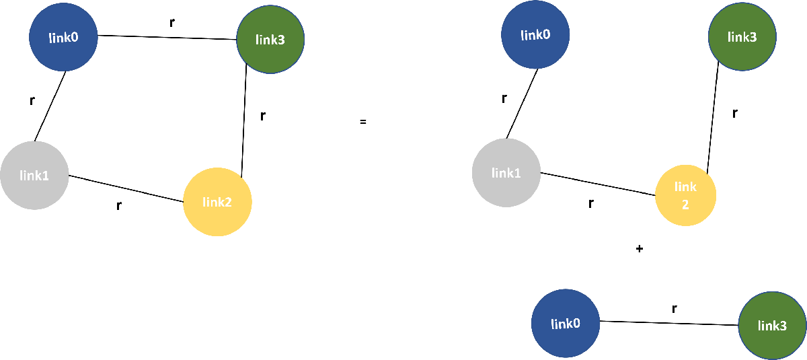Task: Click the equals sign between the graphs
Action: pos(362,122)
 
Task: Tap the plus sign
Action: pos(639,249)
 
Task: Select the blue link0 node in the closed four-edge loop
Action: pos(64,37)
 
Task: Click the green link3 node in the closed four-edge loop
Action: pos(270,40)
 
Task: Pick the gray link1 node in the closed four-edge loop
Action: pos(34,176)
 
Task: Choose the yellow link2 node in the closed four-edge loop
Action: pos(217,202)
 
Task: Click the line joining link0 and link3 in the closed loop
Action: pos(168,38)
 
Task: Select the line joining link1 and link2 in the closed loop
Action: pos(126,188)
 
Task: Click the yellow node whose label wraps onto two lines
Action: pos(685,195)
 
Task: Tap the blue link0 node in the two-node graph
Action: pos(565,324)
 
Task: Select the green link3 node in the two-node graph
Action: pos(772,326)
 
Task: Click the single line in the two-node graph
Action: pos(669,323)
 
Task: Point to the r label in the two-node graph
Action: pos(674,309)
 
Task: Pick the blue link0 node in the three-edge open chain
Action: pos(536,34)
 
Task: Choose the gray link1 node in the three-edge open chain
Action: pos(506,173)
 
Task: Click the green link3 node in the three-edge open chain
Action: pos(742,37)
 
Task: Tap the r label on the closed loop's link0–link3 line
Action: pos(172,22)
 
